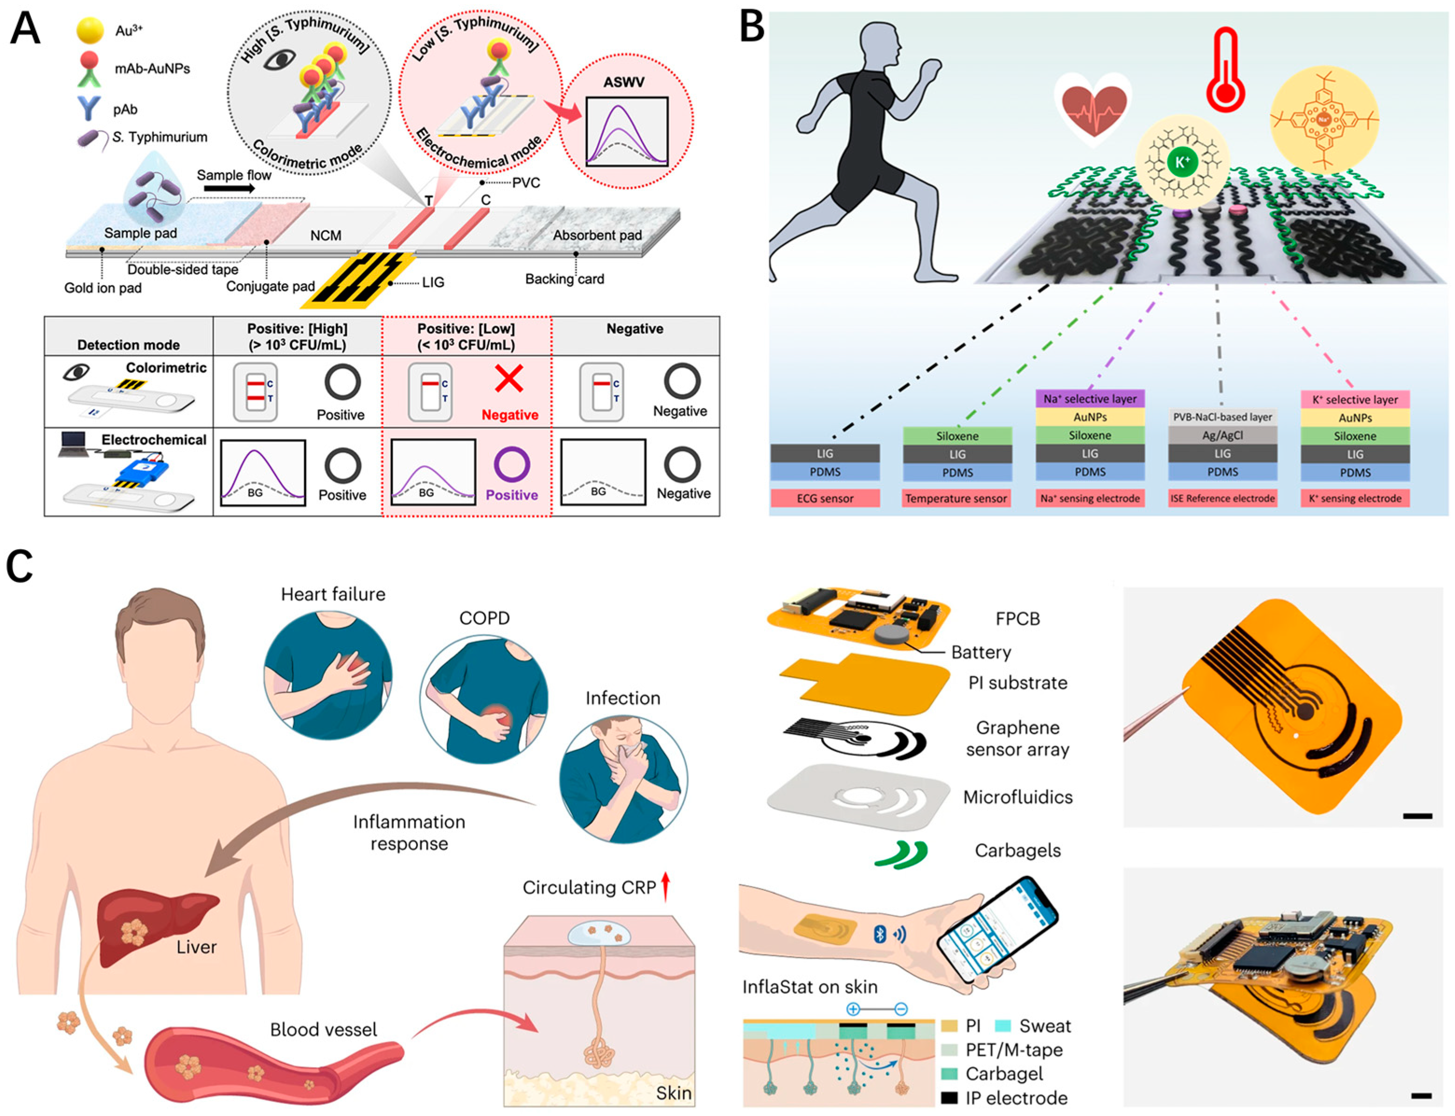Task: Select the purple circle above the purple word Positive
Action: (x=511, y=464)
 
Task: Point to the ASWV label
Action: (x=624, y=83)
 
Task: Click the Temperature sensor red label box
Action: (x=956, y=498)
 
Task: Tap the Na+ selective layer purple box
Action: (x=1090, y=398)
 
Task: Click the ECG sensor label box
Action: (x=825, y=498)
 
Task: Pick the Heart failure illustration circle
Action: (x=328, y=674)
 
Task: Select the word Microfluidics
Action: (x=1017, y=797)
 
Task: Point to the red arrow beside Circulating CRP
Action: (x=666, y=887)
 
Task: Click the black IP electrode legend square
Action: (x=950, y=1097)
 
